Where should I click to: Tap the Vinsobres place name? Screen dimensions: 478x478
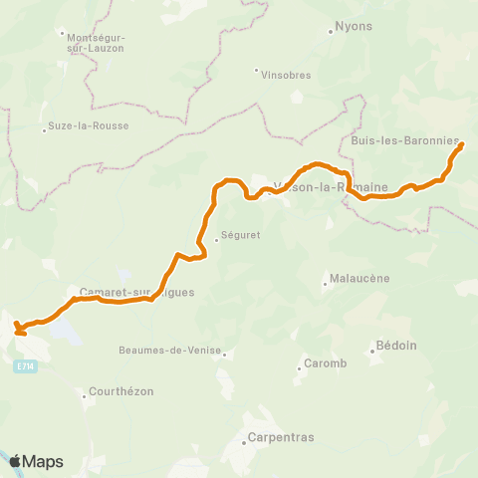(x=285, y=75)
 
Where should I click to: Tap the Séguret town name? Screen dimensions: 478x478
(x=239, y=238)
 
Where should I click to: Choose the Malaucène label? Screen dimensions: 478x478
(x=356, y=279)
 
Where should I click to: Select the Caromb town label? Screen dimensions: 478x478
(x=325, y=363)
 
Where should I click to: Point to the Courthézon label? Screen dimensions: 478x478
(x=121, y=391)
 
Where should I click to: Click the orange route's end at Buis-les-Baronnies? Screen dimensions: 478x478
(x=461, y=146)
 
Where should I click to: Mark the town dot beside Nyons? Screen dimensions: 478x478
(x=331, y=30)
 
